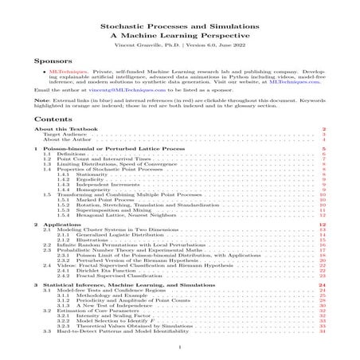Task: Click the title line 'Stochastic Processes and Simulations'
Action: (x=180, y=26)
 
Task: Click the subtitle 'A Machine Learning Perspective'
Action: (x=180, y=37)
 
